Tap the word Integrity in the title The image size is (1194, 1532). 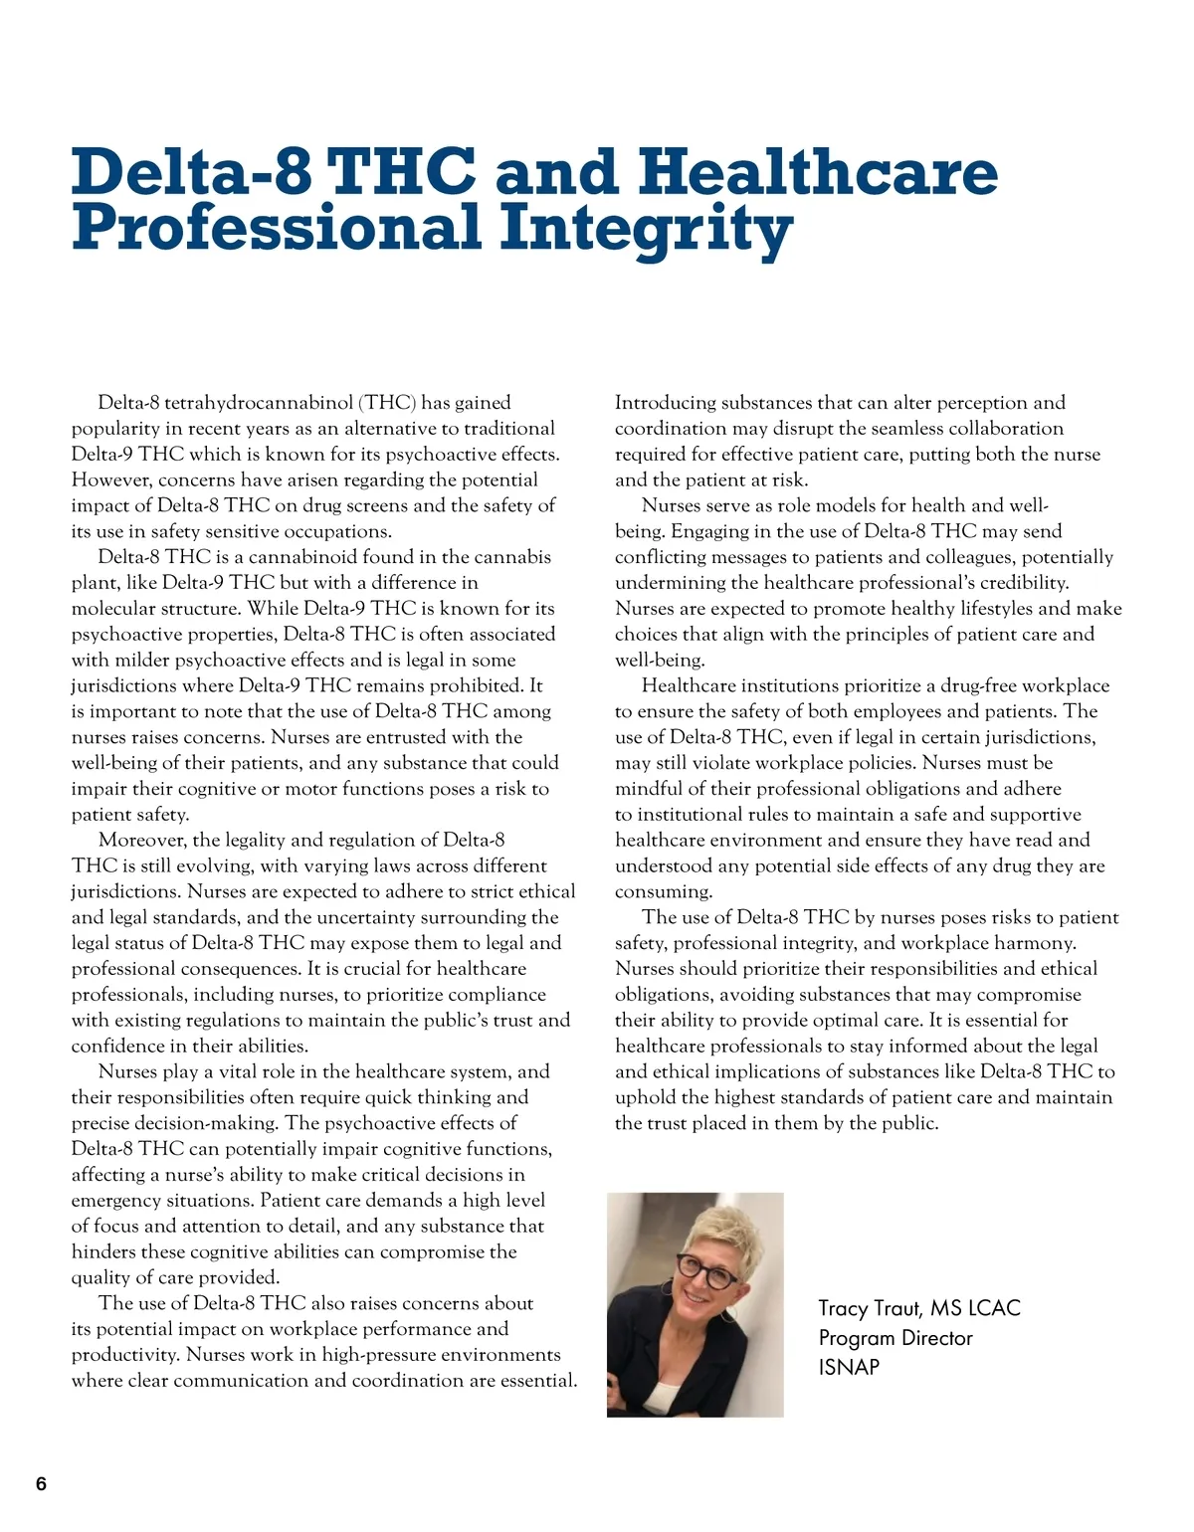[x=646, y=228]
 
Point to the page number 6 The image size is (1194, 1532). [x=41, y=1484]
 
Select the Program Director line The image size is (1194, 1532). [x=895, y=1338]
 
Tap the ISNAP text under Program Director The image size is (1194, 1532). [x=849, y=1367]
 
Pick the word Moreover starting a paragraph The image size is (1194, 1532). [x=142, y=841]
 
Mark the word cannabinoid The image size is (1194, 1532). [x=302, y=557]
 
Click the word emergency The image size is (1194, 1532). [x=118, y=1201]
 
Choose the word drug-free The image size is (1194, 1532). [x=971, y=686]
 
